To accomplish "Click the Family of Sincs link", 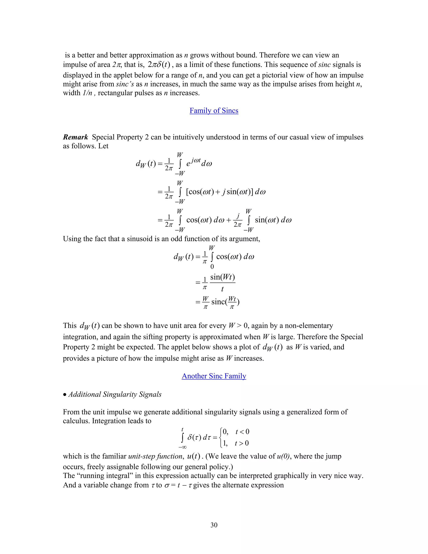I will [214, 111].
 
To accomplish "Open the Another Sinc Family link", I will [214, 376].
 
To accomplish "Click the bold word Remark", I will [75, 137].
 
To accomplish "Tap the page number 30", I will [214, 525].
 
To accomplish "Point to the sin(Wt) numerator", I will [222, 277].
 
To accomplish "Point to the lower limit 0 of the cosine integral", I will [212, 267].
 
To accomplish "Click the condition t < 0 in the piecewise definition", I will [242, 432].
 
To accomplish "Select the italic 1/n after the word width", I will [87, 93].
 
